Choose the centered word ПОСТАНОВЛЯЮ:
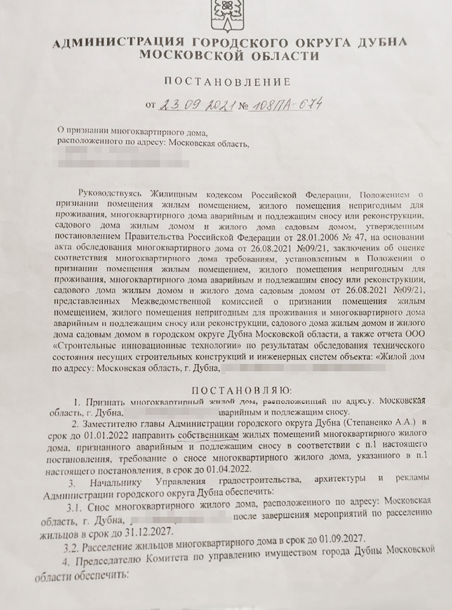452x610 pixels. pyautogui.click(x=242, y=390)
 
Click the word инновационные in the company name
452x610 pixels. pyautogui.click(x=152, y=346)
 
